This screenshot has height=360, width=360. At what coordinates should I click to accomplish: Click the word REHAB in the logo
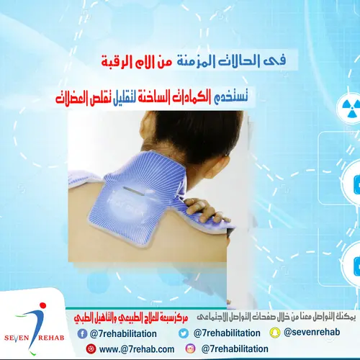(x=55, y=321)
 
